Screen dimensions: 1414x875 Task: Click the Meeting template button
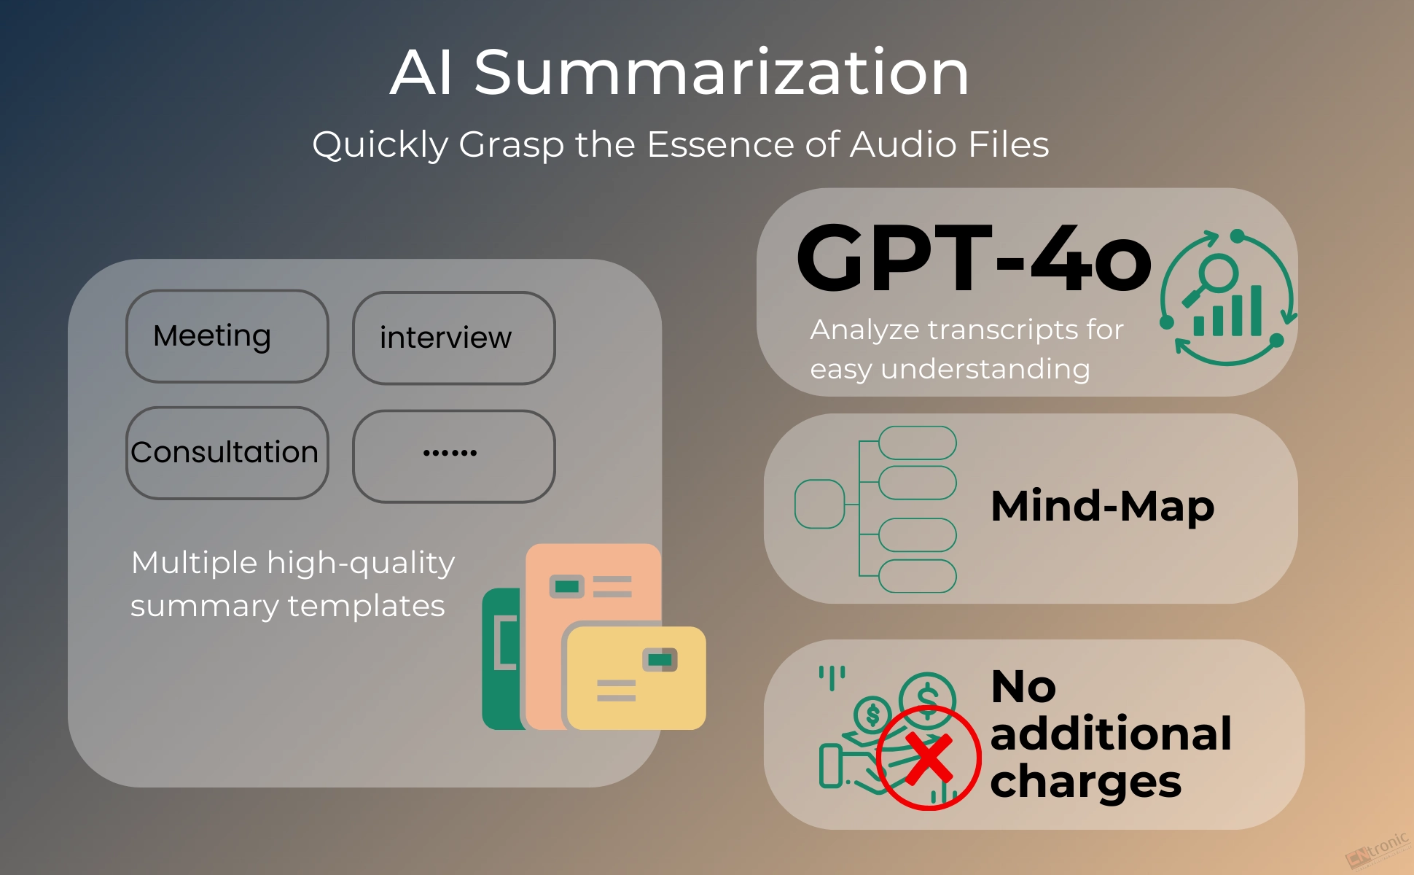click(x=227, y=336)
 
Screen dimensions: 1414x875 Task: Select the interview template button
click(x=454, y=338)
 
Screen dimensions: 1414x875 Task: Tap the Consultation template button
click(x=227, y=453)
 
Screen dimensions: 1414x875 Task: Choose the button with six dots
click(x=454, y=456)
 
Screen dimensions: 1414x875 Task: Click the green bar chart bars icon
click(x=1228, y=311)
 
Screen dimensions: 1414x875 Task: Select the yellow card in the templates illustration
click(x=636, y=678)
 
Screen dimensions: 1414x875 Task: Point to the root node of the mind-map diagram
click(x=819, y=504)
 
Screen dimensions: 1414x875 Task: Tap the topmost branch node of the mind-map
click(x=918, y=443)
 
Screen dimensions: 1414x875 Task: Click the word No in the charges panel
click(x=1023, y=686)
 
